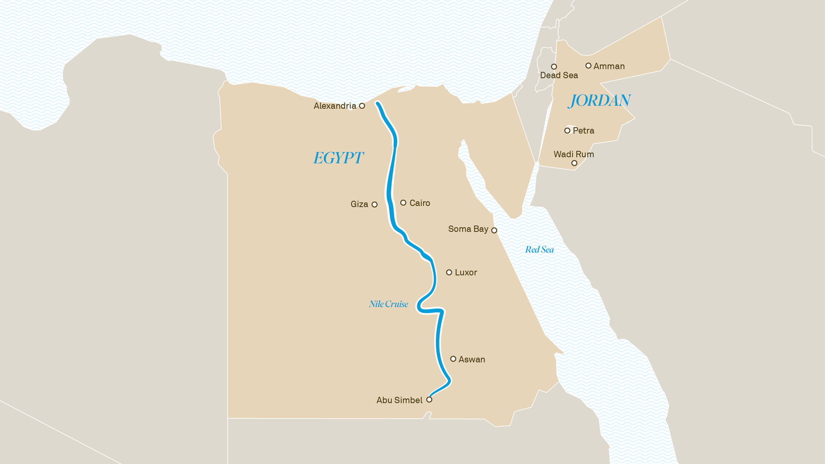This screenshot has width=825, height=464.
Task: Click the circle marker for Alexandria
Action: click(362, 106)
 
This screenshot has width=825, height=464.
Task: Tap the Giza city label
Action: click(359, 204)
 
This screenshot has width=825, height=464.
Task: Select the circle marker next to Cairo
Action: click(403, 203)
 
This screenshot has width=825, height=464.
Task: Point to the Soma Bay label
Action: click(468, 229)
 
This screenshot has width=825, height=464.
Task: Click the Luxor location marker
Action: click(449, 272)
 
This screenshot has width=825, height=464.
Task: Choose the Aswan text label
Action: click(471, 360)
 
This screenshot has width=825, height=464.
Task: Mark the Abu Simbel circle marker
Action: click(429, 400)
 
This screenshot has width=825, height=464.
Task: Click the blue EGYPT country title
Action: click(338, 158)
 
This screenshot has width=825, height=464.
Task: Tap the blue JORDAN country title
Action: click(599, 101)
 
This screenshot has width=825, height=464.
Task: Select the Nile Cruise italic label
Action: click(388, 304)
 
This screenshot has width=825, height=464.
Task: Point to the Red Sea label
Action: click(539, 250)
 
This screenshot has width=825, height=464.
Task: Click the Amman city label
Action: click(609, 66)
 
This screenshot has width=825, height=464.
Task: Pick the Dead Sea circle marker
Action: click(554, 66)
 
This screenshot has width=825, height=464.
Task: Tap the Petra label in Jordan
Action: click(583, 131)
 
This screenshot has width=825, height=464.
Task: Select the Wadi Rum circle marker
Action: click(574, 163)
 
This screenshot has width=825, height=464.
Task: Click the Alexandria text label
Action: click(335, 106)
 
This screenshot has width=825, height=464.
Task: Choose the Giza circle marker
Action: click(375, 205)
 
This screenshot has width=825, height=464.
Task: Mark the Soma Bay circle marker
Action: click(494, 231)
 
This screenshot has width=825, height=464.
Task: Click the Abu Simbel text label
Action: click(399, 400)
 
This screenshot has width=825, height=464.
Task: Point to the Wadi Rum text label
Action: click(573, 154)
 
